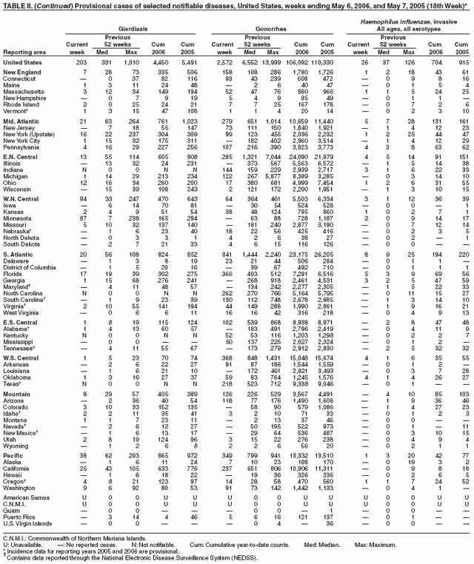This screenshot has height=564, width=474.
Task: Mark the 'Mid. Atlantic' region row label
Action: [x=25, y=120]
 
